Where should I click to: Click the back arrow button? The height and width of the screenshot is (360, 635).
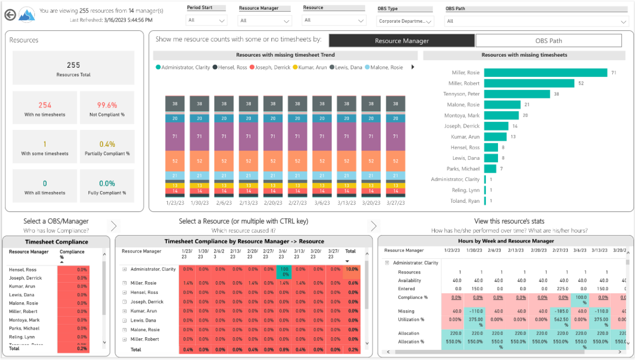point(9,15)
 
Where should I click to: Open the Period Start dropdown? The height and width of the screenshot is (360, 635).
point(206,21)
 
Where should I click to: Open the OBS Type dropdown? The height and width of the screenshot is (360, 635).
point(405,21)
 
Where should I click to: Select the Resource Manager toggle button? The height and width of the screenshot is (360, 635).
point(402,41)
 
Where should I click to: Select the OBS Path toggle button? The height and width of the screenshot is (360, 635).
point(548,41)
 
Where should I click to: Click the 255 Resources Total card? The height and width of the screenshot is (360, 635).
point(74,68)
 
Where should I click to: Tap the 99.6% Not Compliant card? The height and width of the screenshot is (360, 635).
point(107,109)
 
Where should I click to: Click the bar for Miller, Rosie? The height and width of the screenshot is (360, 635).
point(545,73)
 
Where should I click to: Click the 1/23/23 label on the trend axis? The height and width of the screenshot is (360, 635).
point(175,203)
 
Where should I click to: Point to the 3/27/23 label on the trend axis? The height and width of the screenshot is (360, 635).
point(395,203)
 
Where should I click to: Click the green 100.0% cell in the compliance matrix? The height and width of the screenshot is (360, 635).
point(284,272)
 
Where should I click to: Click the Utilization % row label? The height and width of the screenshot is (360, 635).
point(411,320)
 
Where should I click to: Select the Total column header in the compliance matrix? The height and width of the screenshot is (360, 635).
point(350,251)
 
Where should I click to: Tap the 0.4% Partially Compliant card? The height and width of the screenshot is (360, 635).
point(107,148)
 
